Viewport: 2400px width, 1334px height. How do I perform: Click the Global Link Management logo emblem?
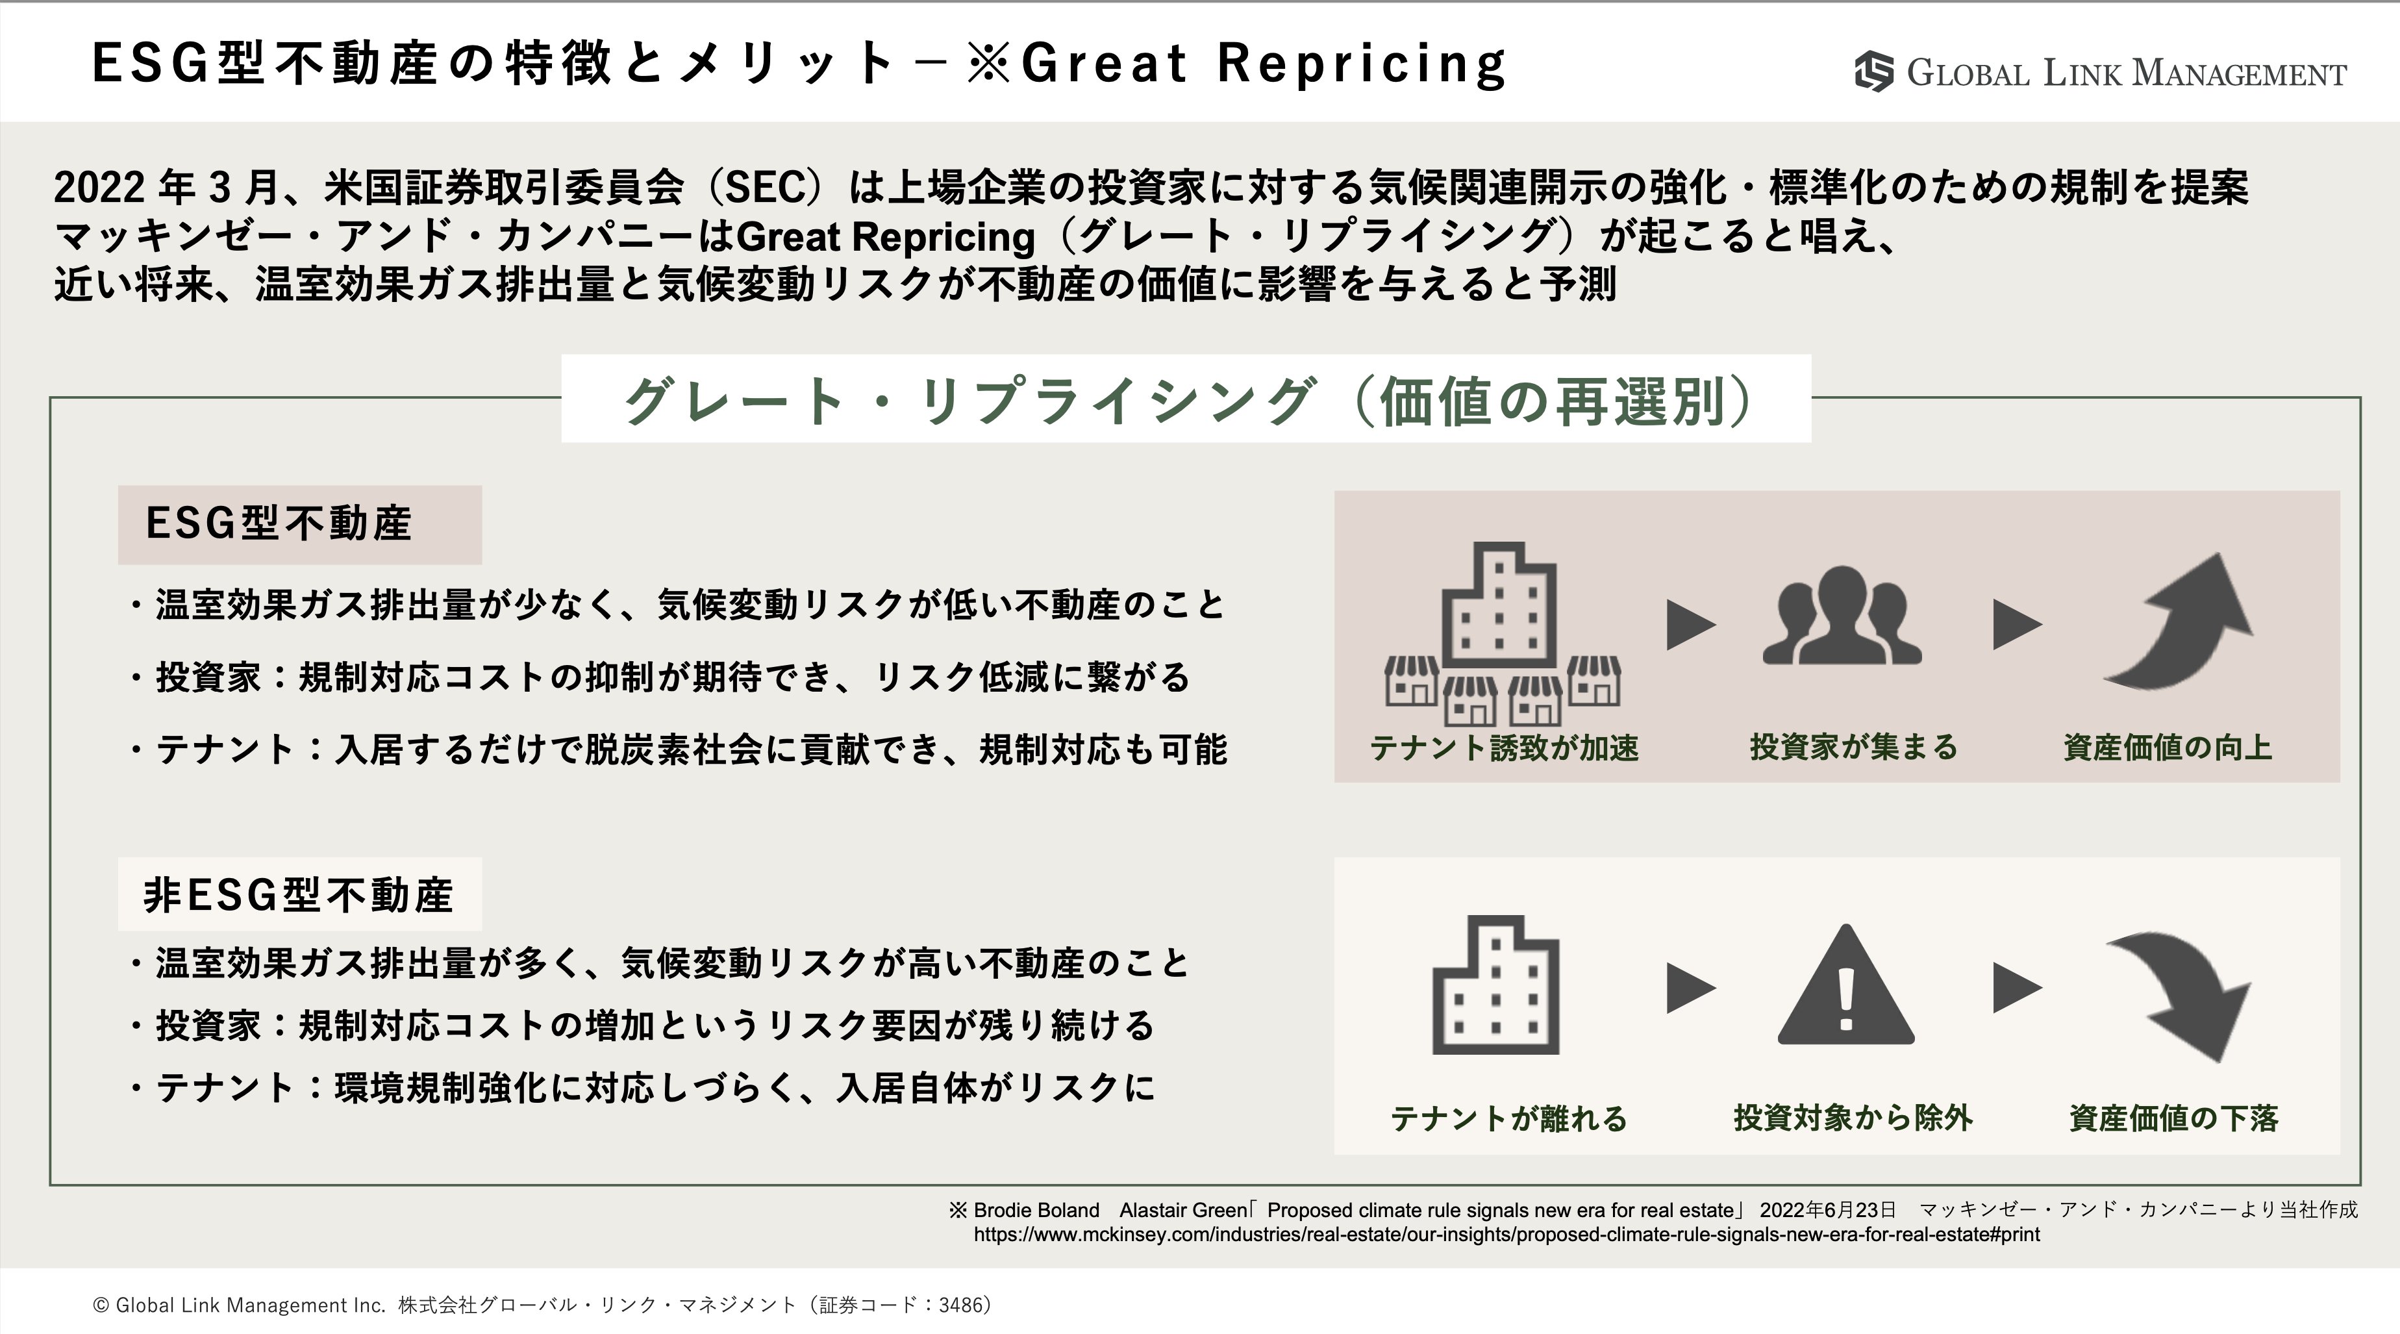click(x=1873, y=71)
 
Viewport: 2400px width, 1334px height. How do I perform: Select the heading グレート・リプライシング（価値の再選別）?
click(x=1186, y=401)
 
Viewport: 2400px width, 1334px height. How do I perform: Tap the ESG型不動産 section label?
click(x=279, y=523)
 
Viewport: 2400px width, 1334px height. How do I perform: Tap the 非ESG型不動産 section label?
click(x=298, y=895)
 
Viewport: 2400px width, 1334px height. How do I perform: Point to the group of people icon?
click(x=1842, y=615)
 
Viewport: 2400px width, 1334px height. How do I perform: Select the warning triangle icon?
click(x=1845, y=985)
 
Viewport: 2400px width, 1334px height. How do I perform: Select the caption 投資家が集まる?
click(x=1853, y=747)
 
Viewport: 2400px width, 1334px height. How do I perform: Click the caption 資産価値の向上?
click(x=2167, y=747)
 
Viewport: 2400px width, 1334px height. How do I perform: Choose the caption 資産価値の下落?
click(x=2173, y=1117)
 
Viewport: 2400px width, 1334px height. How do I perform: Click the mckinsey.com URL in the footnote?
click(x=1506, y=1235)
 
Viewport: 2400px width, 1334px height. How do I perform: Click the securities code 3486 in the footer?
click(x=960, y=1305)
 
